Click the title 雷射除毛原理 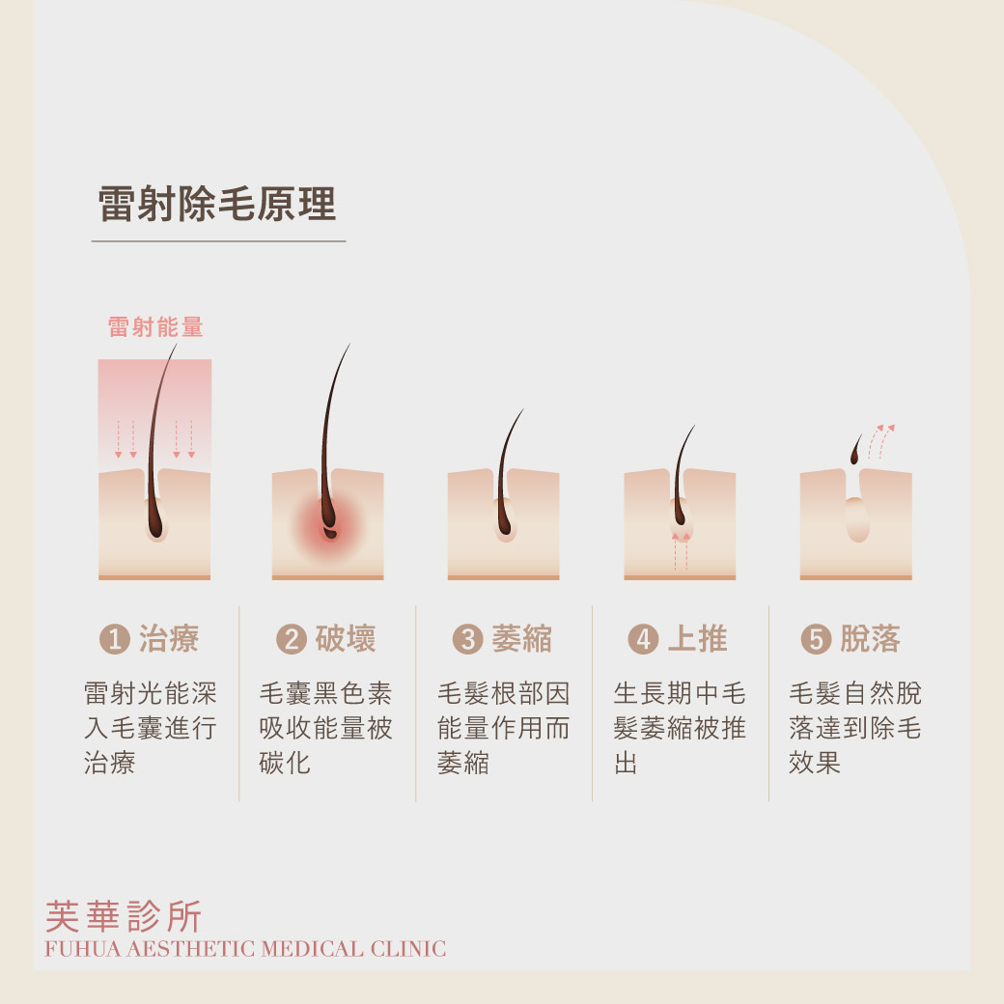click(217, 204)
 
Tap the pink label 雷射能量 click(155, 326)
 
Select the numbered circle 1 click(115, 639)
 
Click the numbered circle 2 click(292, 639)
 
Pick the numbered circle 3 click(467, 639)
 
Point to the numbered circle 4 click(644, 639)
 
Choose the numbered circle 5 click(817, 639)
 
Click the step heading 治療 click(169, 639)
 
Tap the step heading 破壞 click(346, 639)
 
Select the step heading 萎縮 click(522, 639)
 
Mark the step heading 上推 click(697, 639)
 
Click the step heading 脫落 click(870, 639)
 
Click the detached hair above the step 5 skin click(854, 450)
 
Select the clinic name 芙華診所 click(124, 916)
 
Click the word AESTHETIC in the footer click(190, 949)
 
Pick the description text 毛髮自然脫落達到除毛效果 click(854, 728)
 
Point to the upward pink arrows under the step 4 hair click(681, 551)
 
